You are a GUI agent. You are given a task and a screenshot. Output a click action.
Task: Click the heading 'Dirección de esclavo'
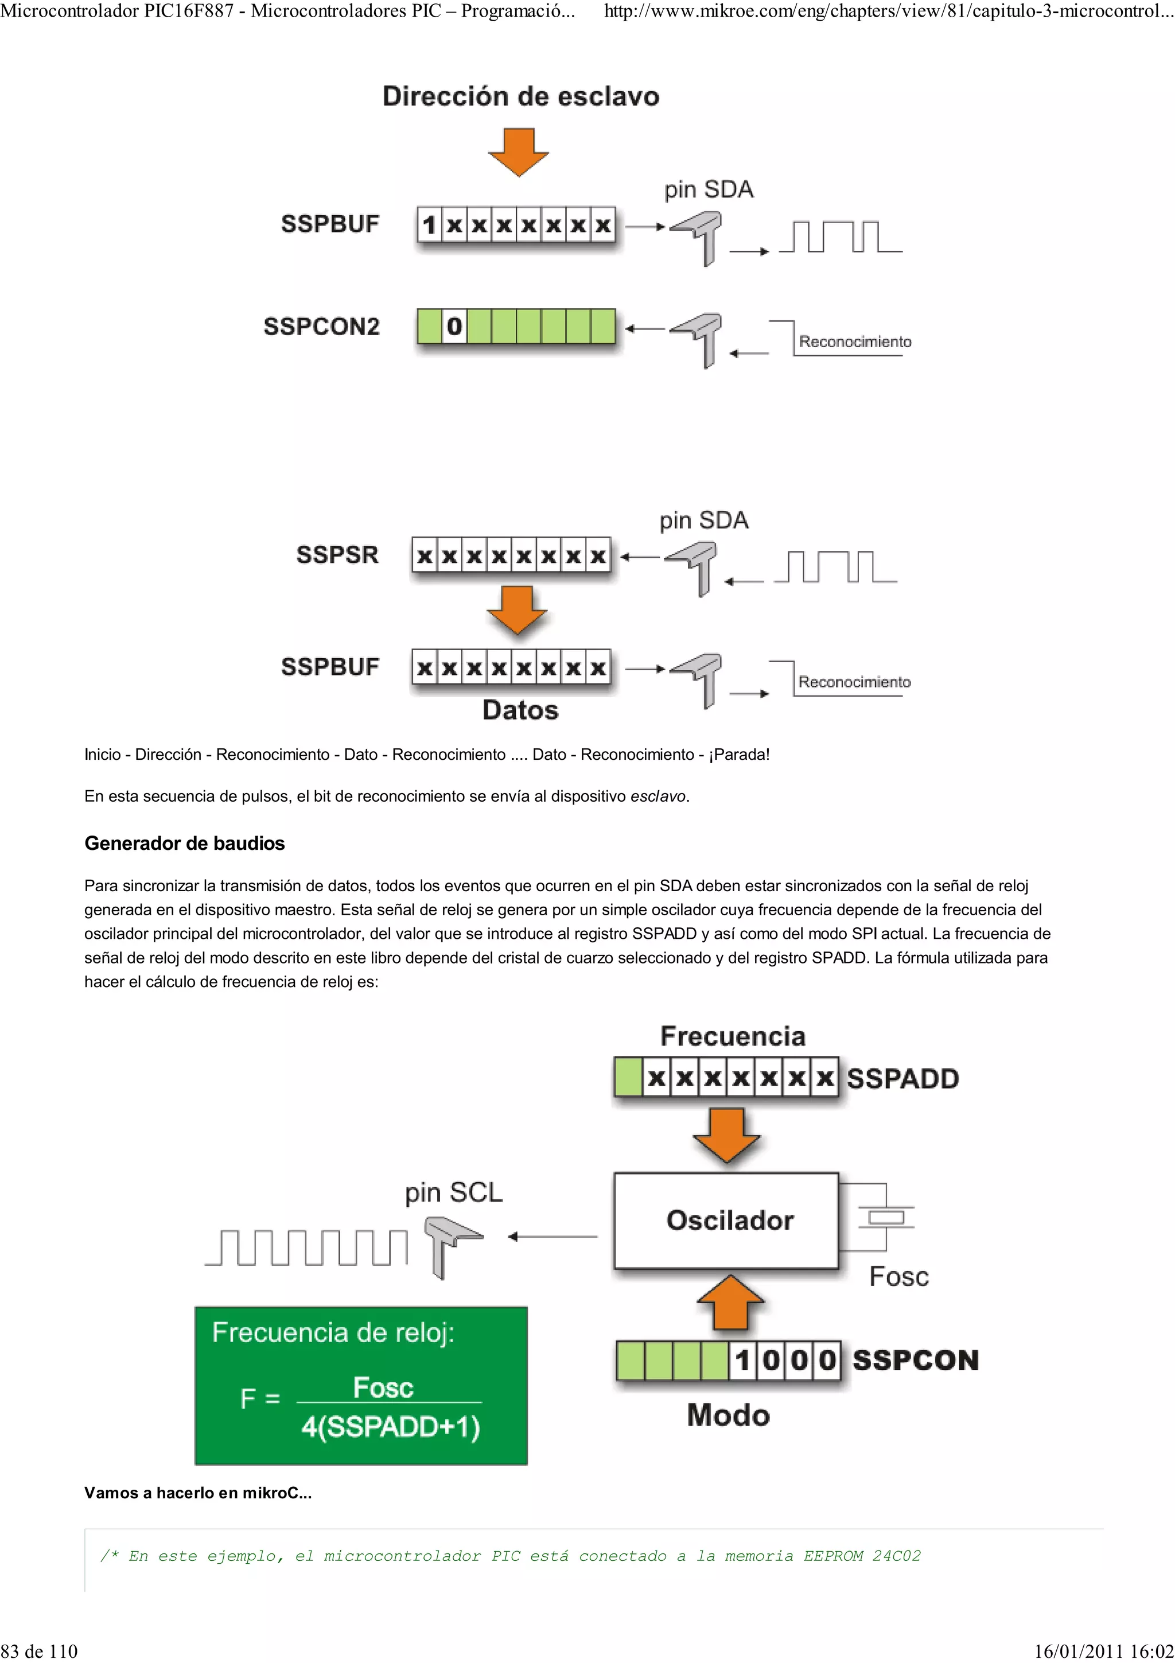[520, 96]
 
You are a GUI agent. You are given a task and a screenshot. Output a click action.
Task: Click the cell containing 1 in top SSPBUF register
[429, 226]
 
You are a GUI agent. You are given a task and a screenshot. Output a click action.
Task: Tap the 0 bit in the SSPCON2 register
[454, 327]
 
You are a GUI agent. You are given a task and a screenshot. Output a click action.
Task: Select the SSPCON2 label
[321, 327]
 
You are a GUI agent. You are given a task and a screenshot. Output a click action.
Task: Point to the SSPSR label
[337, 555]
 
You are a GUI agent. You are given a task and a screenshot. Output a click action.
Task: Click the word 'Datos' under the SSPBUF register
[520, 710]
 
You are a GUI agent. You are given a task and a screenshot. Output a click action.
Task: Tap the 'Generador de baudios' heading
[185, 843]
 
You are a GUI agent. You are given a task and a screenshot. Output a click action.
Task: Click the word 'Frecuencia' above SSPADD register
[732, 1036]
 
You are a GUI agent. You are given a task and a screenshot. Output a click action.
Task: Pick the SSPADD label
[902, 1078]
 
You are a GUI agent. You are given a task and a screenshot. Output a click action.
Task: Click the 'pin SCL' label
[453, 1192]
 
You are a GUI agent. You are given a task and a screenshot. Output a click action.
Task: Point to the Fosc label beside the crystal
[898, 1276]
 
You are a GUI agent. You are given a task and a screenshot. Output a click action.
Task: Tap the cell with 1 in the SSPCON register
[742, 1360]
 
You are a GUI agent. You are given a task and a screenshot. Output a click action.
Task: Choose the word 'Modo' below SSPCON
[727, 1415]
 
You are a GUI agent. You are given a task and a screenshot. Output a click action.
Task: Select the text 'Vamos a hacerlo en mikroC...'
[197, 1493]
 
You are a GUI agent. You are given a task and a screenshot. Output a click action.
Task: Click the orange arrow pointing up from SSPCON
[730, 1301]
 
